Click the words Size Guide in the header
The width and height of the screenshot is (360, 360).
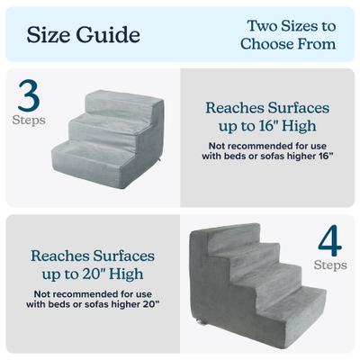pyautogui.click(x=83, y=35)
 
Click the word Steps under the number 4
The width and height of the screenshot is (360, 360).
pyautogui.click(x=329, y=265)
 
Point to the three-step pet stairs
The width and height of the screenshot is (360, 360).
pyautogui.click(x=106, y=135)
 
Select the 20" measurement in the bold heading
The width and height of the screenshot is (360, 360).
pyautogui.click(x=110, y=272)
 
